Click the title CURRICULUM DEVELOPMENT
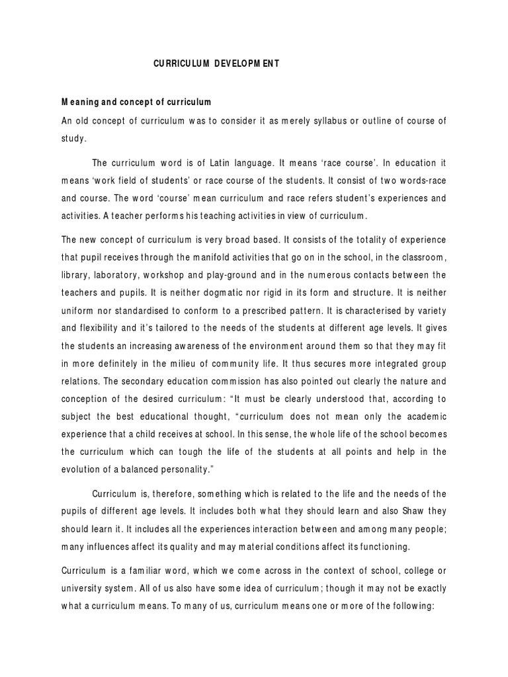[216, 63]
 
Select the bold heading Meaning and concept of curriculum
[136, 102]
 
